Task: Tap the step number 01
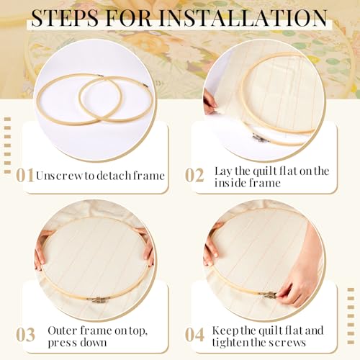25,175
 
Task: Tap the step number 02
195,175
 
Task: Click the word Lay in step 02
224,171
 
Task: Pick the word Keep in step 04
228,330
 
